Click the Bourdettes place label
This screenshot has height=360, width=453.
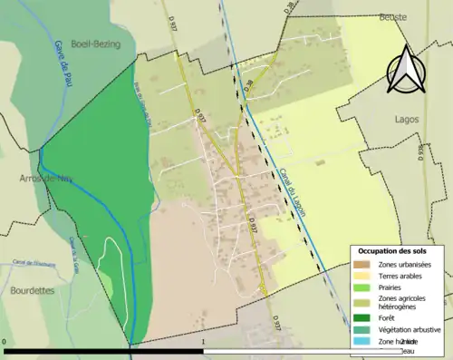(x=33, y=266)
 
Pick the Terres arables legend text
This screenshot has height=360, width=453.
(x=405, y=275)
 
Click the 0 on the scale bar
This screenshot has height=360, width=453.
(x=5, y=342)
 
